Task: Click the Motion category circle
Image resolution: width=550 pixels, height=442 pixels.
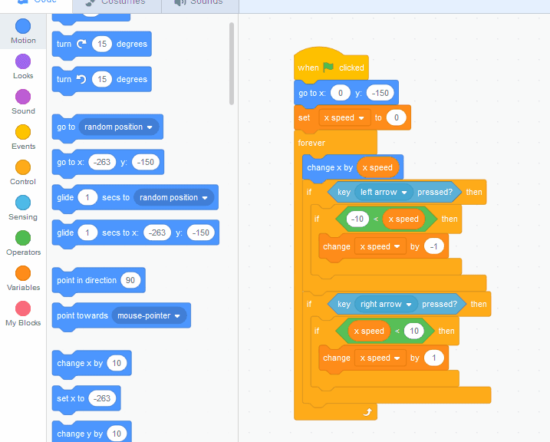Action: pos(23,27)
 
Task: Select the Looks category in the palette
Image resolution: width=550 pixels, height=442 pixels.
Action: pos(23,62)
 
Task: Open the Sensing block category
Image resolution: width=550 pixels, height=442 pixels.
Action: pos(23,203)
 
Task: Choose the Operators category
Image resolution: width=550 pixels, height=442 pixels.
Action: pos(23,239)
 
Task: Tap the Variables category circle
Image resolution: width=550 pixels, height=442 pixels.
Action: pos(23,274)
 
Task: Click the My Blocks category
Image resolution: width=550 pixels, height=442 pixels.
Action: pos(23,309)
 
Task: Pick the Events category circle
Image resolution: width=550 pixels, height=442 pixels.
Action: pos(23,133)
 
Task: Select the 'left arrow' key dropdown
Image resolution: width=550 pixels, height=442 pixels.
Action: pos(384,192)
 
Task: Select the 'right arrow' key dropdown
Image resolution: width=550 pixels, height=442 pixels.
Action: pos(386,304)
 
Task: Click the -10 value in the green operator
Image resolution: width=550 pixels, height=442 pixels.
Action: pos(357,219)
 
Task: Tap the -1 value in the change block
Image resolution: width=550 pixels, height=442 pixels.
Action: pos(435,247)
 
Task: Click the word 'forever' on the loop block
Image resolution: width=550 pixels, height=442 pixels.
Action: pos(311,143)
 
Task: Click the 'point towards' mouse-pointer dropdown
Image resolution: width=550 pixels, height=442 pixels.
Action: pos(150,315)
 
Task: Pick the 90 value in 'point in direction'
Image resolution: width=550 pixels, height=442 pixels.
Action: pos(130,280)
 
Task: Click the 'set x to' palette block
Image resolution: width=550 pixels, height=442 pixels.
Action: pos(70,398)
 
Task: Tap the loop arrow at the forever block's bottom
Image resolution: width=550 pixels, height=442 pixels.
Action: pos(367,412)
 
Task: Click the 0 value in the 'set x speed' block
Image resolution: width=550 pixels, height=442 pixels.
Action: pos(396,117)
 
